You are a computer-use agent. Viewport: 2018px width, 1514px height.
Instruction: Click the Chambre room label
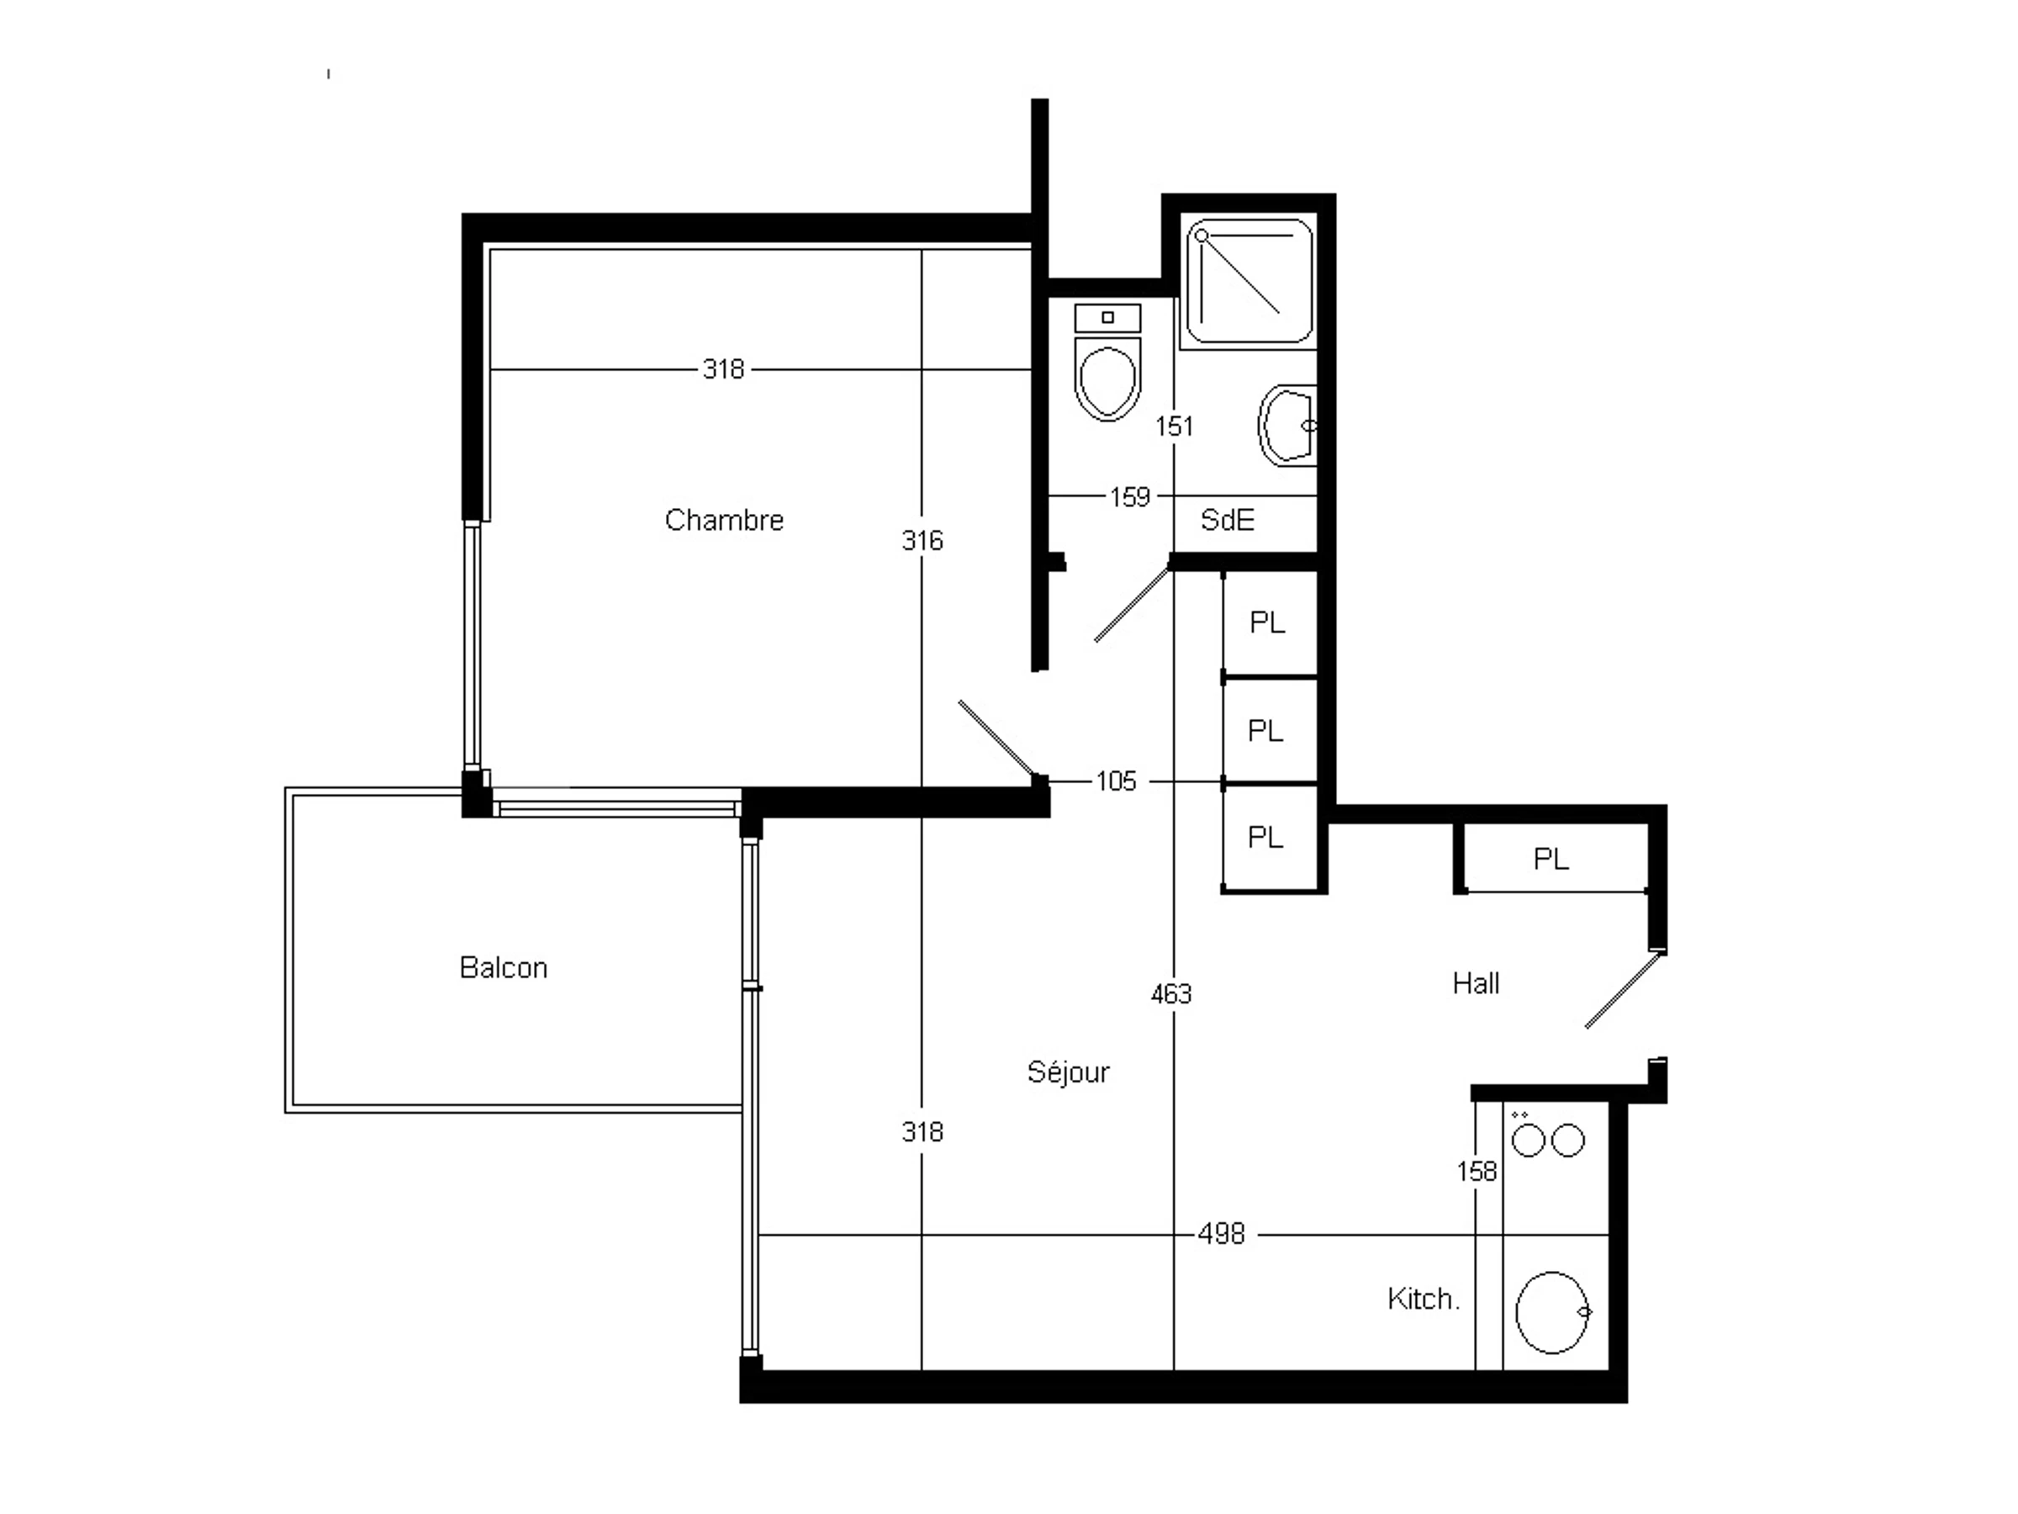click(724, 520)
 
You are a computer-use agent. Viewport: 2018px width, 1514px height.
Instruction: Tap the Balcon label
click(504, 967)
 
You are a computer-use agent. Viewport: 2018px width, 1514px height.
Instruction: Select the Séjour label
click(1069, 1072)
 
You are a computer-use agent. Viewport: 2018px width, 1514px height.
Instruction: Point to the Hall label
click(1477, 983)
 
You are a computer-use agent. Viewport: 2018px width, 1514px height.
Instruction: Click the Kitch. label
click(1424, 1299)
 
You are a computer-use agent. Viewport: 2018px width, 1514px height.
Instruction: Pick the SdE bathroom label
click(1227, 520)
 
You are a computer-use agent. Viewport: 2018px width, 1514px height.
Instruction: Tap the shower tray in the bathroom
click(1249, 281)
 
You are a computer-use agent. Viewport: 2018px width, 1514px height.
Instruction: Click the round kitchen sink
click(1553, 1312)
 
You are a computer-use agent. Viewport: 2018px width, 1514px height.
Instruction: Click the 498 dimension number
click(1222, 1235)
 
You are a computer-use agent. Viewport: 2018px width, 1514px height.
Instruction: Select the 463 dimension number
click(1171, 994)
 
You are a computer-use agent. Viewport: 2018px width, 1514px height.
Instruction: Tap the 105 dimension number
click(1116, 781)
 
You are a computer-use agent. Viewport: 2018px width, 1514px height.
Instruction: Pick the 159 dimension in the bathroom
click(1129, 497)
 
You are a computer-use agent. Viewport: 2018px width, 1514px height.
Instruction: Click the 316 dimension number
click(922, 541)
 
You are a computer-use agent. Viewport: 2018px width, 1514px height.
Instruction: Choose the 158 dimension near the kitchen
click(1477, 1172)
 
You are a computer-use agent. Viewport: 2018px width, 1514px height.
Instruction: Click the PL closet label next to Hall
click(1550, 859)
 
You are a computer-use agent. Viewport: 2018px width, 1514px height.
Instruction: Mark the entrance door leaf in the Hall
click(1622, 989)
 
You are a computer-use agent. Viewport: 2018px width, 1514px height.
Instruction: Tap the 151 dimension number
click(1174, 426)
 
